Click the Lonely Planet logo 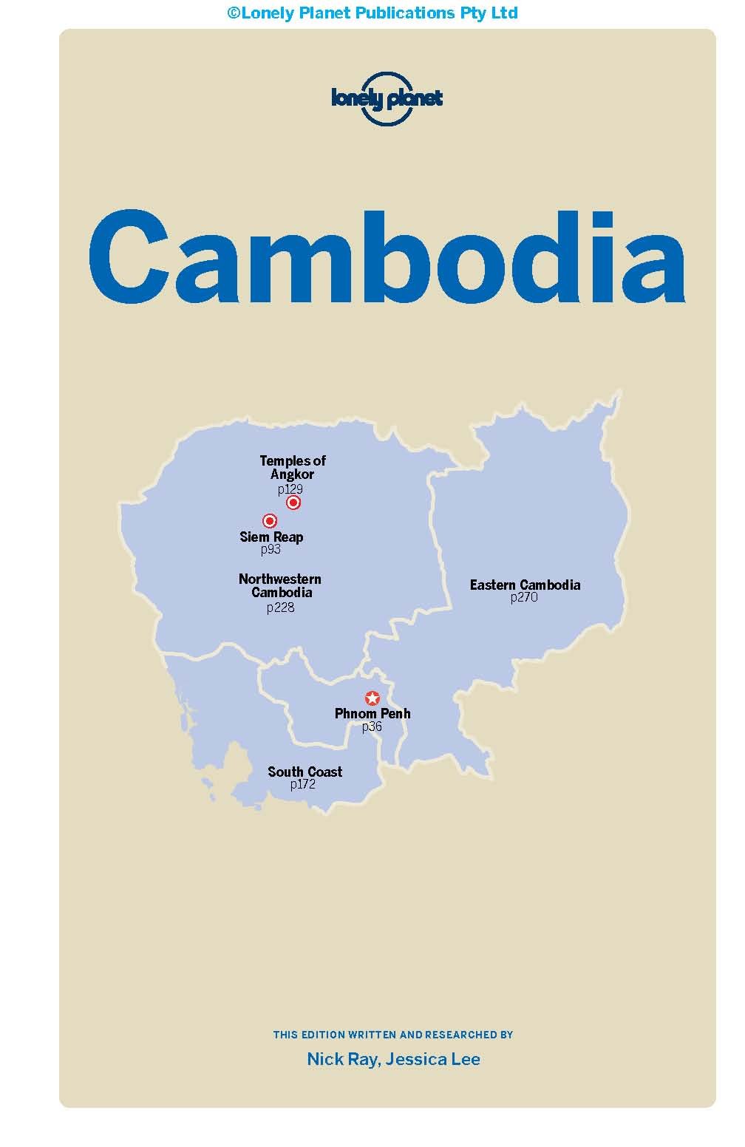[x=387, y=98]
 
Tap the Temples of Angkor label [x=293, y=467]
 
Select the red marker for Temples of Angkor [x=293, y=503]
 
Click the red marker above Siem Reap [x=270, y=521]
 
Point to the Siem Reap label [x=271, y=537]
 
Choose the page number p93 [x=271, y=550]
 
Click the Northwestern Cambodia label [x=280, y=585]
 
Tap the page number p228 [x=280, y=607]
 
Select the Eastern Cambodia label [x=525, y=585]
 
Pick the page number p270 [x=524, y=597]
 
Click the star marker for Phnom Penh [x=372, y=698]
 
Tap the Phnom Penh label [x=372, y=713]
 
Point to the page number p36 [x=372, y=726]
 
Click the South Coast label [x=305, y=772]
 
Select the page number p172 [x=303, y=784]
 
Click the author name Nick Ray [x=336, y=1059]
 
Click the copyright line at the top [x=372, y=13]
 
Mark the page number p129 [x=290, y=489]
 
